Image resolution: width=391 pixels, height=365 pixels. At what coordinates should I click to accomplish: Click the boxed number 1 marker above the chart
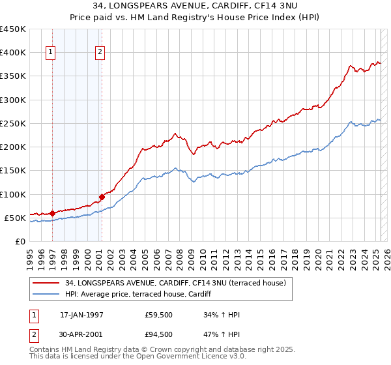51,53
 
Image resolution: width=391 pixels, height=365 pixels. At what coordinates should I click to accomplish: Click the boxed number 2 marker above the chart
100,53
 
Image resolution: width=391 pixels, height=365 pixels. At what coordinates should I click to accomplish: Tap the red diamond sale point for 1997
52,213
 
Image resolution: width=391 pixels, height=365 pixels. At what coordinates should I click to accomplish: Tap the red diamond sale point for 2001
102,197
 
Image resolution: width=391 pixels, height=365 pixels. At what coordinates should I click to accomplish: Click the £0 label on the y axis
20,242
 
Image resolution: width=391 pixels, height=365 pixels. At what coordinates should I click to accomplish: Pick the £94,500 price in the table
159,334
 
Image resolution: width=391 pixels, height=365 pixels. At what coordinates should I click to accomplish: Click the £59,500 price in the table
159,315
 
